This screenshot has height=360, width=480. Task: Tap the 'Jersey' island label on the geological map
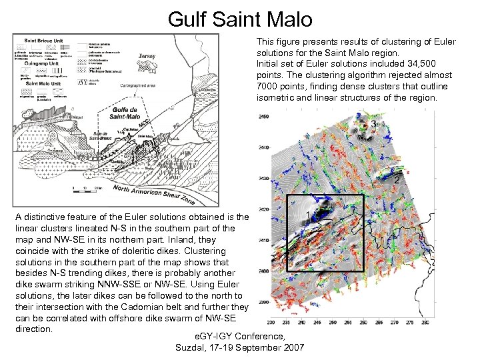tap(147, 57)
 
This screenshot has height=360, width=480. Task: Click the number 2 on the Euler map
tap(397, 180)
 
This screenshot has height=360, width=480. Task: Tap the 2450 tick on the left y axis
tap(263, 117)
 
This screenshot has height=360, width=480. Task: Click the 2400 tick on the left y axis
tap(263, 271)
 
